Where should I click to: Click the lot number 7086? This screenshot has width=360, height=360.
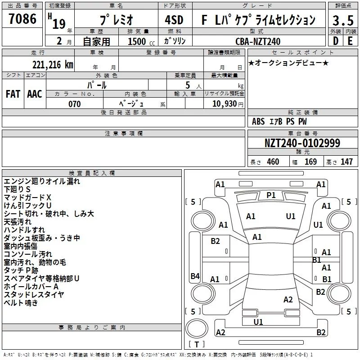point(22,19)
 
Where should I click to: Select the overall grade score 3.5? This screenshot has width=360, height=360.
point(343,20)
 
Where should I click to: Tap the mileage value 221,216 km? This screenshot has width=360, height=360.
point(53,65)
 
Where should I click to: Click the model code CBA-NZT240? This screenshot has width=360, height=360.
point(258,41)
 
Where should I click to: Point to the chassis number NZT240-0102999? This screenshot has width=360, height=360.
point(302,143)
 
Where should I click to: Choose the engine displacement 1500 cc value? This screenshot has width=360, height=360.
point(141,41)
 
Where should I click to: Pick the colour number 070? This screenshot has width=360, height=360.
point(75,104)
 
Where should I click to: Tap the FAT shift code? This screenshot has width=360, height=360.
point(13,94)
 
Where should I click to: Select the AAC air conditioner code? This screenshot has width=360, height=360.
point(35,94)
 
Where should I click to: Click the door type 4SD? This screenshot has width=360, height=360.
point(174,20)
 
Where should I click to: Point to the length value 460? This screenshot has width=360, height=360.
point(273,162)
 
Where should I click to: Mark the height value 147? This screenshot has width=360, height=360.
point(346,162)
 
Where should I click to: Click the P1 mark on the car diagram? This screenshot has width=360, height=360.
point(271,195)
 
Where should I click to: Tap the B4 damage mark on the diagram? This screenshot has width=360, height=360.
point(195,276)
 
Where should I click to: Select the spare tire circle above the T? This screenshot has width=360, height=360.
point(197,328)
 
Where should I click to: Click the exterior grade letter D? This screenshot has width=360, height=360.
point(336,41)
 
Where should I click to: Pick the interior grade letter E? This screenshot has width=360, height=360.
point(350,41)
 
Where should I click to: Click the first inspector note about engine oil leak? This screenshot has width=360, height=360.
point(42,181)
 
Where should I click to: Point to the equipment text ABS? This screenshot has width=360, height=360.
point(258,121)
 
